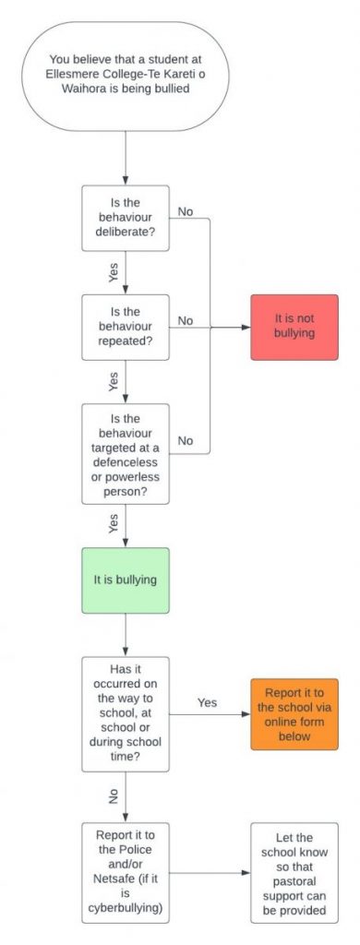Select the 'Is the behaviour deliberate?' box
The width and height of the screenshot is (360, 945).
coord(126,219)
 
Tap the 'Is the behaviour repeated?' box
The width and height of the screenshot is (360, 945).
coord(126,327)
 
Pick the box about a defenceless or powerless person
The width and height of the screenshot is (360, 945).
coord(126,453)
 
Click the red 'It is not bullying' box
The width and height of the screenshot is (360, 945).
coord(294,327)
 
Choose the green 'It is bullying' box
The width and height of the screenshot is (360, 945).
coord(126,580)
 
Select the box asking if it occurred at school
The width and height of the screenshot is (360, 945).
coord(126,713)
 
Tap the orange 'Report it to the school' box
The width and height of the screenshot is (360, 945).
coord(294,713)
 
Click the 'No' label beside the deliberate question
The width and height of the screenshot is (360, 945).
coord(186,211)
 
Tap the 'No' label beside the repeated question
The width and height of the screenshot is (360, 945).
coord(186,320)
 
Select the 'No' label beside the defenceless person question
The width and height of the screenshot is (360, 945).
coord(186,440)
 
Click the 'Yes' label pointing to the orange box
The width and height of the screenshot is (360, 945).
coord(207,703)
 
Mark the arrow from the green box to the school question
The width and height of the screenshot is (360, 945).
coord(126,634)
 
